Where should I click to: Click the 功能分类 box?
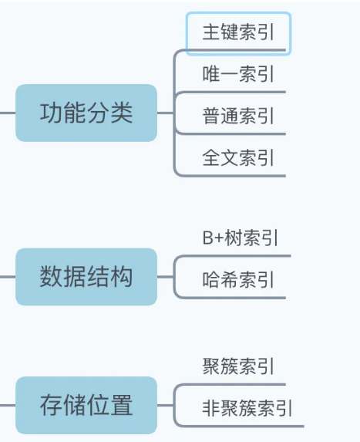coord(86,113)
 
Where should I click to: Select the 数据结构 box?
coord(86,276)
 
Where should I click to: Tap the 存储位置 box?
coord(86,405)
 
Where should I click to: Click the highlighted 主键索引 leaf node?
coord(238,33)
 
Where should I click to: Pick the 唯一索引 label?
coord(238,74)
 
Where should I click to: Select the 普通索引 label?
coord(238,116)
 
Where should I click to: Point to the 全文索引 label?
coord(238,157)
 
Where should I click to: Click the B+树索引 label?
coord(241,238)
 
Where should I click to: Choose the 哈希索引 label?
coord(238,279)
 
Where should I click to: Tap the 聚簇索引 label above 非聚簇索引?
coord(238,366)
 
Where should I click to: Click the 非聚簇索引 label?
coord(247,407)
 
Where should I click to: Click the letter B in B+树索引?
coord(207,238)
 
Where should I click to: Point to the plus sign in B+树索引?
coord(219,238)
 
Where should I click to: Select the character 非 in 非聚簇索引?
coord(211,408)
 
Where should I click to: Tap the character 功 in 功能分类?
coord(51,113)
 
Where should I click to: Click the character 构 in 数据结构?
coord(121,276)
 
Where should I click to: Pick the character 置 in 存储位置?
coord(121,405)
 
